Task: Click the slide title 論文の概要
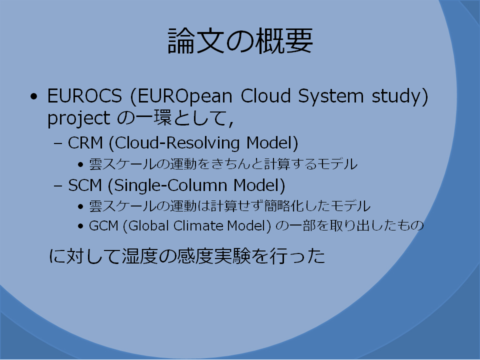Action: (240, 40)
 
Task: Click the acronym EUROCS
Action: (84, 96)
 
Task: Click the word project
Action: (78, 119)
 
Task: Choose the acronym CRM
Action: (85, 143)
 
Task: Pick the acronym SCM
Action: (85, 185)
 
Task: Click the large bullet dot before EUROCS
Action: (34, 96)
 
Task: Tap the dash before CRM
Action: (58, 143)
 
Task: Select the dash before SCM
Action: (58, 185)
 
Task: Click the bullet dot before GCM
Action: (80, 226)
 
